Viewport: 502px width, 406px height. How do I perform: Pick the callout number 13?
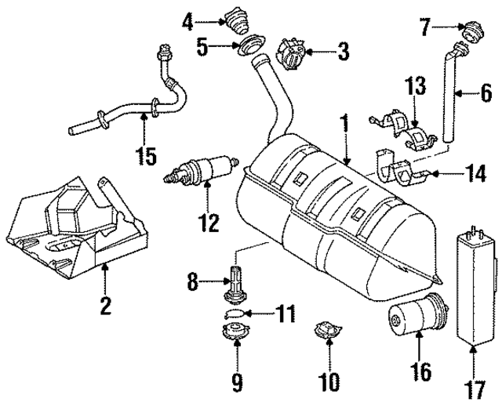pos(413,86)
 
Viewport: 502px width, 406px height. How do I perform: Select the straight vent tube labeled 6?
pos(453,98)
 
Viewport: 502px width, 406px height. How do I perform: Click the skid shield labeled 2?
pos(75,227)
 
